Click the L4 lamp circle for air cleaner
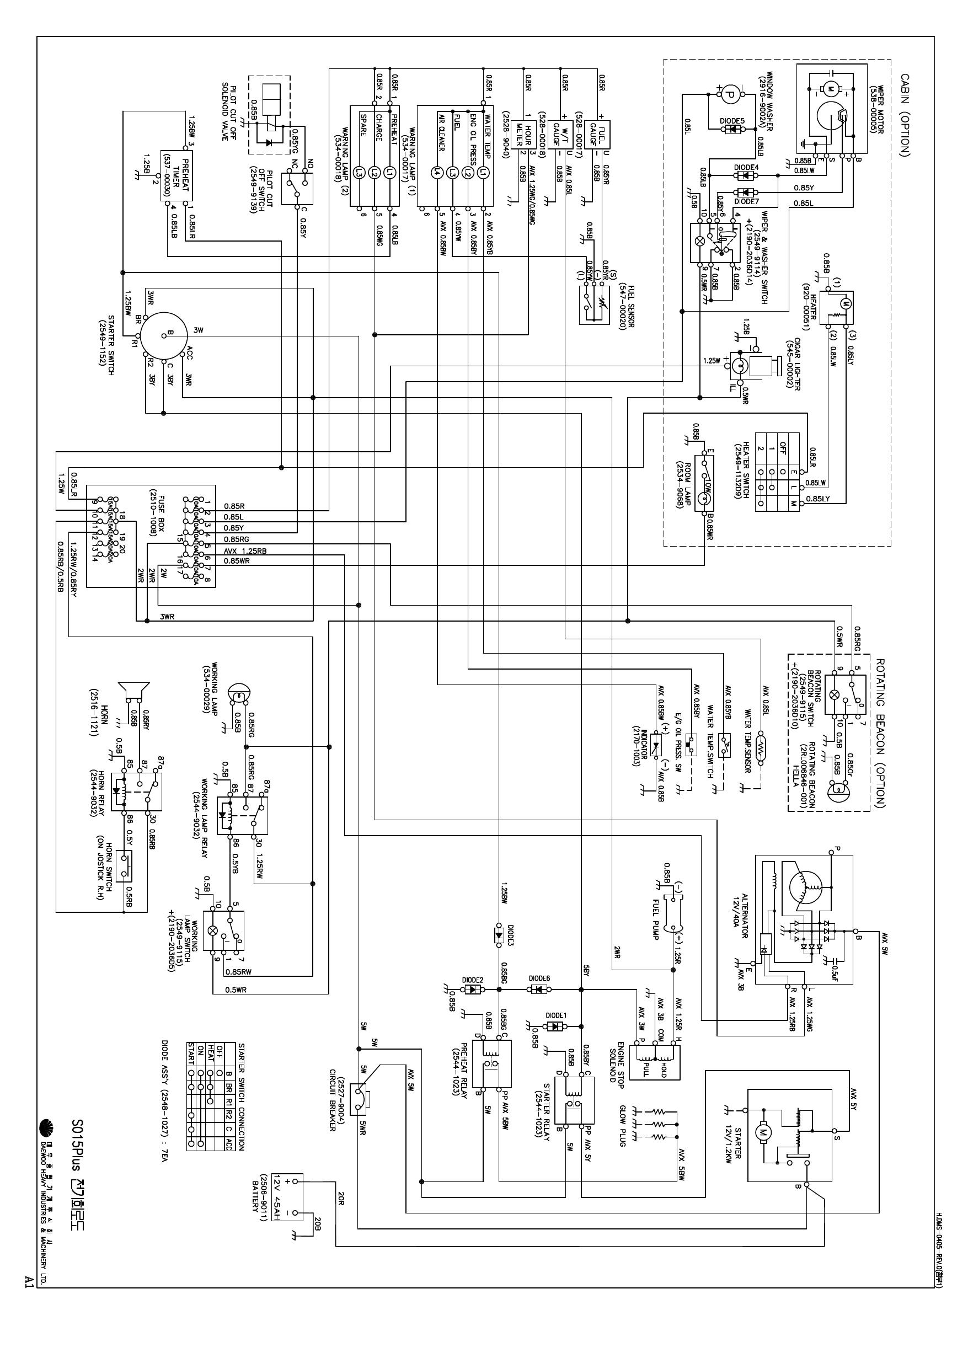coord(439,172)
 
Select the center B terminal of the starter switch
coord(169,332)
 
